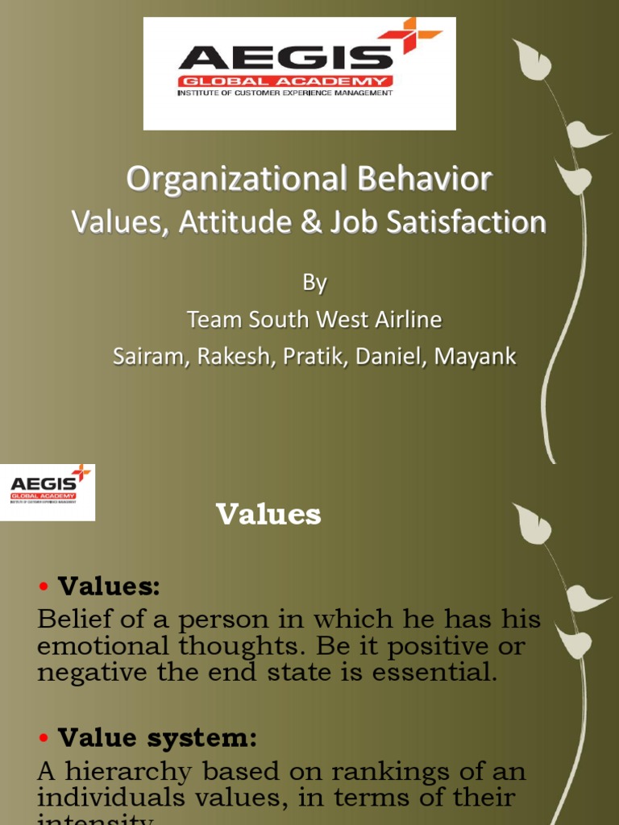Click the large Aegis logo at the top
(x=299, y=73)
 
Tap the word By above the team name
(x=314, y=282)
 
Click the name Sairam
(x=146, y=356)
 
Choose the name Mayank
(x=476, y=356)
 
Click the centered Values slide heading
(x=268, y=514)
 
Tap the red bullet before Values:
(x=44, y=587)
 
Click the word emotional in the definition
(x=99, y=646)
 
